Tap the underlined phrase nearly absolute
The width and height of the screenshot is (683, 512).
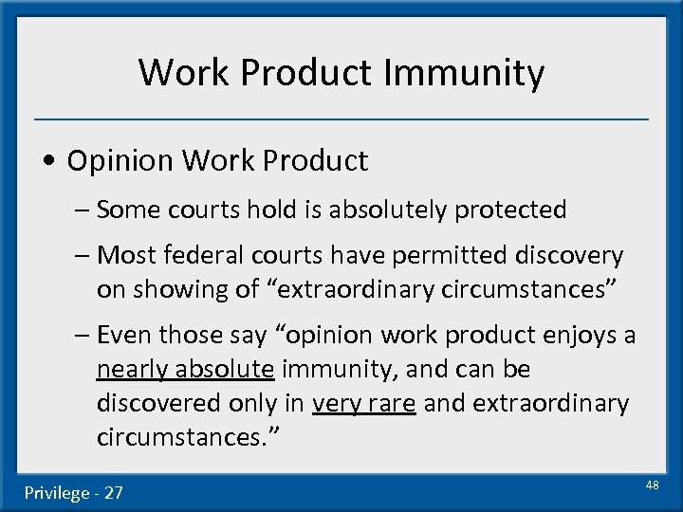[186, 370]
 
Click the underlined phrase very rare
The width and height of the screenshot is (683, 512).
[364, 404]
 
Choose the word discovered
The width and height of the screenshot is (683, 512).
[159, 404]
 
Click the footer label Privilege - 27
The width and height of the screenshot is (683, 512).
[74, 492]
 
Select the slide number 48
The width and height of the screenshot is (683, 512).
[652, 485]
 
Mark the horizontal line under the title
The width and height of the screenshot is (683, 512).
[341, 119]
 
